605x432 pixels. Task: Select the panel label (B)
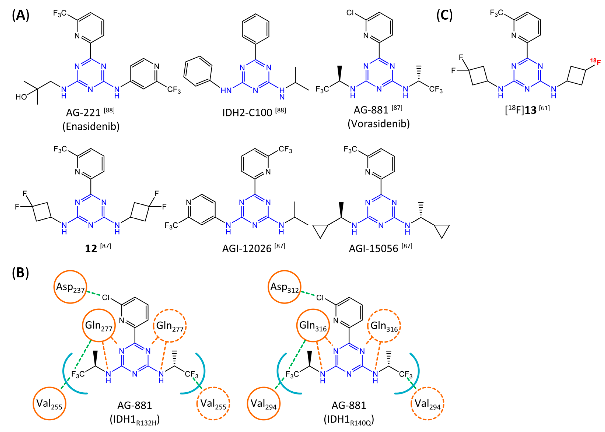tap(20, 273)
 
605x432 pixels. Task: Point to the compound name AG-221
tap(83, 113)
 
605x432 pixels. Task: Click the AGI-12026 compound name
tap(247, 248)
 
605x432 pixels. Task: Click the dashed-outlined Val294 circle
tap(428, 403)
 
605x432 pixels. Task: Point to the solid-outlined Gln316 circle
tap(313, 325)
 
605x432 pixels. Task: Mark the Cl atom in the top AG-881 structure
tap(350, 13)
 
